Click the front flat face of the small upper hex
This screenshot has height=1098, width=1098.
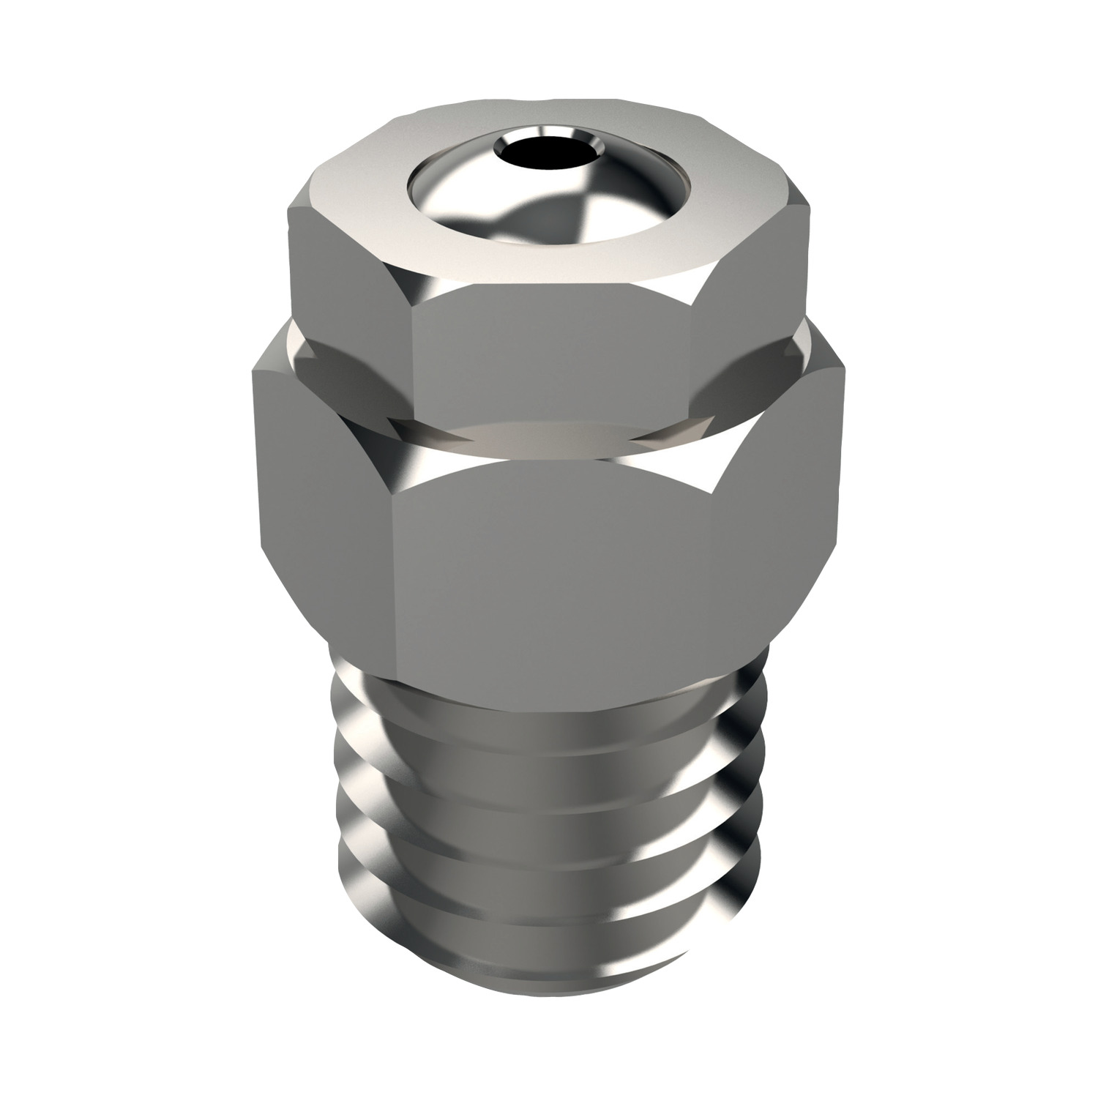553,366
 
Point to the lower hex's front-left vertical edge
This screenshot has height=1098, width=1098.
395,586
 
